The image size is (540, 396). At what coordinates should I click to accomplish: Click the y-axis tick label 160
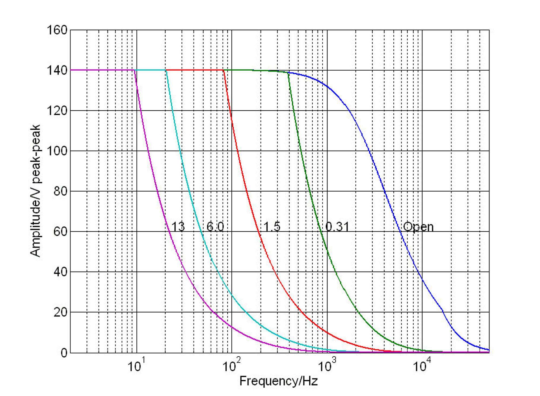pos(57,30)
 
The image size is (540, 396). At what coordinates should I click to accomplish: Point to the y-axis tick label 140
pos(57,70)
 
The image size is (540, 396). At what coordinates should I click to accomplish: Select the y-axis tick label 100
pos(57,151)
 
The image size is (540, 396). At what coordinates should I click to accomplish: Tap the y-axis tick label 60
pos(60,232)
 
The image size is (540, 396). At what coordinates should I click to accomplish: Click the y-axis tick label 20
pos(60,312)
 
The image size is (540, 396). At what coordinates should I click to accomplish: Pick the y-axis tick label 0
pos(64,353)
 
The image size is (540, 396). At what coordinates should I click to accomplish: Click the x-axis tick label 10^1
pos(136,365)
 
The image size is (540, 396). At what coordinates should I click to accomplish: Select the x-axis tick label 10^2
pos(231,365)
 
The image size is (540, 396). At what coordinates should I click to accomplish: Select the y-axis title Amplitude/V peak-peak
pos(35,191)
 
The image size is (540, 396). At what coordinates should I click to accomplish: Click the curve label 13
pos(178,227)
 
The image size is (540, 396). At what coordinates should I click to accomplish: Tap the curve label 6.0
pos(215,227)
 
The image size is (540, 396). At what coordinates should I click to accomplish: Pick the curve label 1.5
pos(272,227)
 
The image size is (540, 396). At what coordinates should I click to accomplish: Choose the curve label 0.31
pos(337,227)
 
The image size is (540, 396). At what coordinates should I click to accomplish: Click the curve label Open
pos(418,227)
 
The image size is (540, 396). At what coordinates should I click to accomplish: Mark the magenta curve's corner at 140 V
pos(134,70)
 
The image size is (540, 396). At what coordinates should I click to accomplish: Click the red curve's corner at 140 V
pos(224,70)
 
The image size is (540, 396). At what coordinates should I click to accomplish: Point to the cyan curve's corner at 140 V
pos(166,70)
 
